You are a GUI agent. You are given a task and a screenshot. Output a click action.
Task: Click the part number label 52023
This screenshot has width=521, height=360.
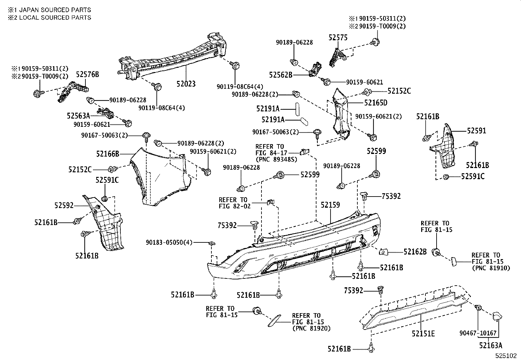click(186, 84)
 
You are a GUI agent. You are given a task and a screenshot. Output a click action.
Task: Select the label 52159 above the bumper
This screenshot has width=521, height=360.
click(330, 205)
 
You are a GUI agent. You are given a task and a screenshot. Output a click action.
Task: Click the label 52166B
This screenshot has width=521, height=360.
click(108, 153)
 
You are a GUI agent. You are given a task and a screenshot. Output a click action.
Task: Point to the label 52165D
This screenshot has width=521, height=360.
click(376, 103)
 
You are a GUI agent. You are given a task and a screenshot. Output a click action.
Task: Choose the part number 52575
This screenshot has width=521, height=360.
click(338, 38)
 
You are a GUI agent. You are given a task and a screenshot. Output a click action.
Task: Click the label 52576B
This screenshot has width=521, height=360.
click(87, 74)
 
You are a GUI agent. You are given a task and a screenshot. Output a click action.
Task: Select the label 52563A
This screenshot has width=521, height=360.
click(78, 116)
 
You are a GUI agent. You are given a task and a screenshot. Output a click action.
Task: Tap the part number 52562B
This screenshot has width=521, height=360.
click(280, 75)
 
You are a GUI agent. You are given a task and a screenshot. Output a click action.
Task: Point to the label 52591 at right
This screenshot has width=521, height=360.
click(476, 131)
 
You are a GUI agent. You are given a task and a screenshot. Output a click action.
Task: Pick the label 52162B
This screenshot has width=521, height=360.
click(415, 252)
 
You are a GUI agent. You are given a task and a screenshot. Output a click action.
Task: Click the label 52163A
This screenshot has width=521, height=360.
click(491, 345)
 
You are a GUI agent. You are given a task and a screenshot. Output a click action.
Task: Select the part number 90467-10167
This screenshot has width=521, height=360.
click(478, 333)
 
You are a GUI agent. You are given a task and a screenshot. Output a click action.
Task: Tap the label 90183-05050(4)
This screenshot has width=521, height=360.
click(169, 242)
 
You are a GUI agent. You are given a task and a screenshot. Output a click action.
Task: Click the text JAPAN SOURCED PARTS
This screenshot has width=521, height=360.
click(55, 10)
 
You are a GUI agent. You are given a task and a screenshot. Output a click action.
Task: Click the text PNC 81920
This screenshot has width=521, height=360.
click(311, 328)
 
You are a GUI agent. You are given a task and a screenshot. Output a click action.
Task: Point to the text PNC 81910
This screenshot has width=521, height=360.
click(491, 268)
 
